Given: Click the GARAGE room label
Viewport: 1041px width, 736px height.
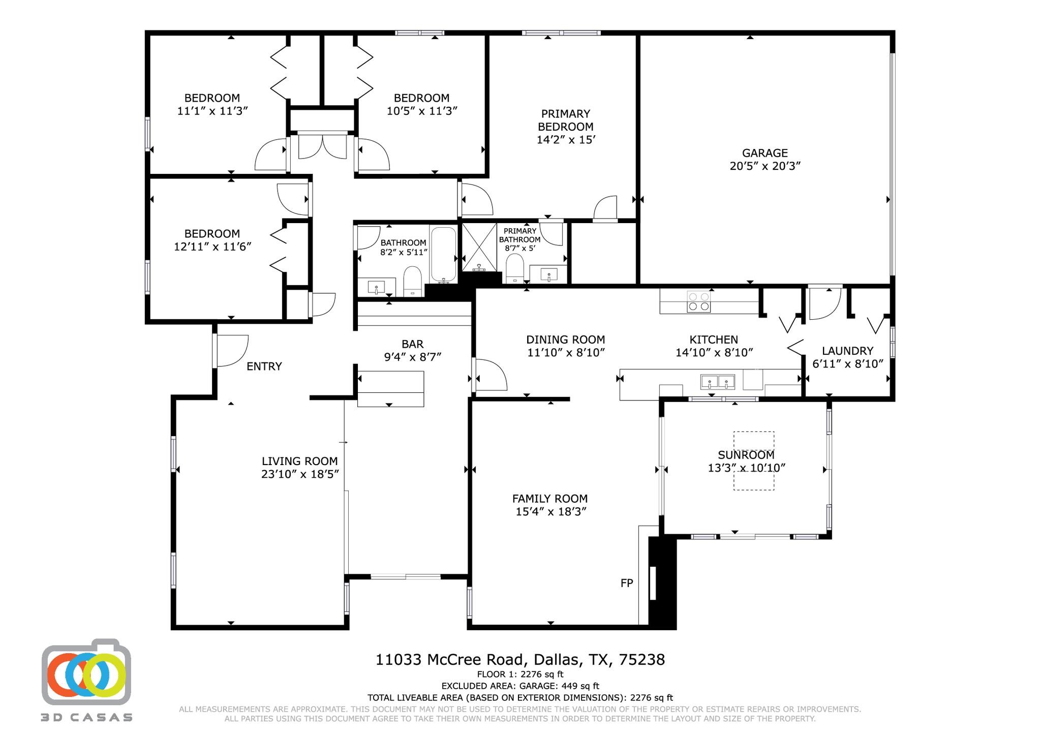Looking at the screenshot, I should coord(764,153).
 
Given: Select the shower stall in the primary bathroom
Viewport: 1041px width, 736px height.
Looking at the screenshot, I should coord(479,247).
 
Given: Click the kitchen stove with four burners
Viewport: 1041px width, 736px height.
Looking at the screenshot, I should coord(698,301).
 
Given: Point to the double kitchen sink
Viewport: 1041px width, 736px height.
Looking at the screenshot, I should coord(717,382).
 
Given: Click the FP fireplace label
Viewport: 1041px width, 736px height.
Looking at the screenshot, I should coord(627,584).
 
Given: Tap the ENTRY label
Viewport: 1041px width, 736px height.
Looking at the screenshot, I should coord(264,366).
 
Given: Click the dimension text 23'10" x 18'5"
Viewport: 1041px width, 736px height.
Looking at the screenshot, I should coord(300,474).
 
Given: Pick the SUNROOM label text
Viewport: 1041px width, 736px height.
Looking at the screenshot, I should coord(746,455).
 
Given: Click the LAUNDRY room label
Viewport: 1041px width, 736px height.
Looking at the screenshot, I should coord(847,351).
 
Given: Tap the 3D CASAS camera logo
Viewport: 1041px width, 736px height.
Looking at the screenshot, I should coord(86,672).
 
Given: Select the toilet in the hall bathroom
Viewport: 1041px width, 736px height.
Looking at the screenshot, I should coord(412,281).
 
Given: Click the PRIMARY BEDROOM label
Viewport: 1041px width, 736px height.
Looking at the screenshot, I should coord(565,120).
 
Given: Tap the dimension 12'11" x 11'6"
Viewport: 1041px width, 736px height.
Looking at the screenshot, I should coord(212,247).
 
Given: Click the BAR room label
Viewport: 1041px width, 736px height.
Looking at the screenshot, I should coord(412,344).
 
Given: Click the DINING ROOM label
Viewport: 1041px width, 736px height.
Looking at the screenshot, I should coord(565,340).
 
